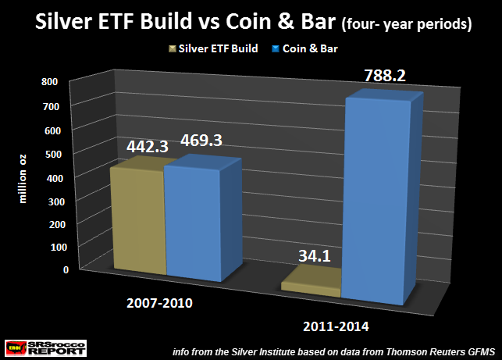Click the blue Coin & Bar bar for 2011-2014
tap(379, 203)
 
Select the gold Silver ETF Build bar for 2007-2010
tap(138, 223)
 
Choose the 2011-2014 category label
tap(345, 326)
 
